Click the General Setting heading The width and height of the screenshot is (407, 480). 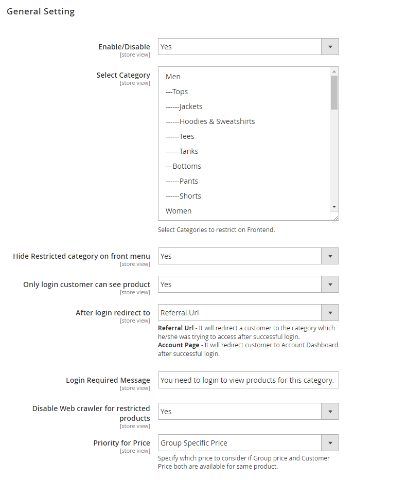(41, 11)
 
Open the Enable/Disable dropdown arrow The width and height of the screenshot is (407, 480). (330, 47)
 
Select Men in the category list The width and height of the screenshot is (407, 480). (173, 77)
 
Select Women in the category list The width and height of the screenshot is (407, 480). (179, 211)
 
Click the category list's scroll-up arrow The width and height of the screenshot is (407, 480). (334, 72)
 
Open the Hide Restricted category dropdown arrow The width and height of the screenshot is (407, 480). (330, 256)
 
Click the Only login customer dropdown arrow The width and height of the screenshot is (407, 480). (330, 285)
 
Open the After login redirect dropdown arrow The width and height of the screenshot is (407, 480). (330, 313)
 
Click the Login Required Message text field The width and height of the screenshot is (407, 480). (248, 380)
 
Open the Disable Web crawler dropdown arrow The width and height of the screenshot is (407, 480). (330, 412)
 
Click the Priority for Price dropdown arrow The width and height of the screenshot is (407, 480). (330, 443)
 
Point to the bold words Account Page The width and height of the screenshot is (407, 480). (179, 345)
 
